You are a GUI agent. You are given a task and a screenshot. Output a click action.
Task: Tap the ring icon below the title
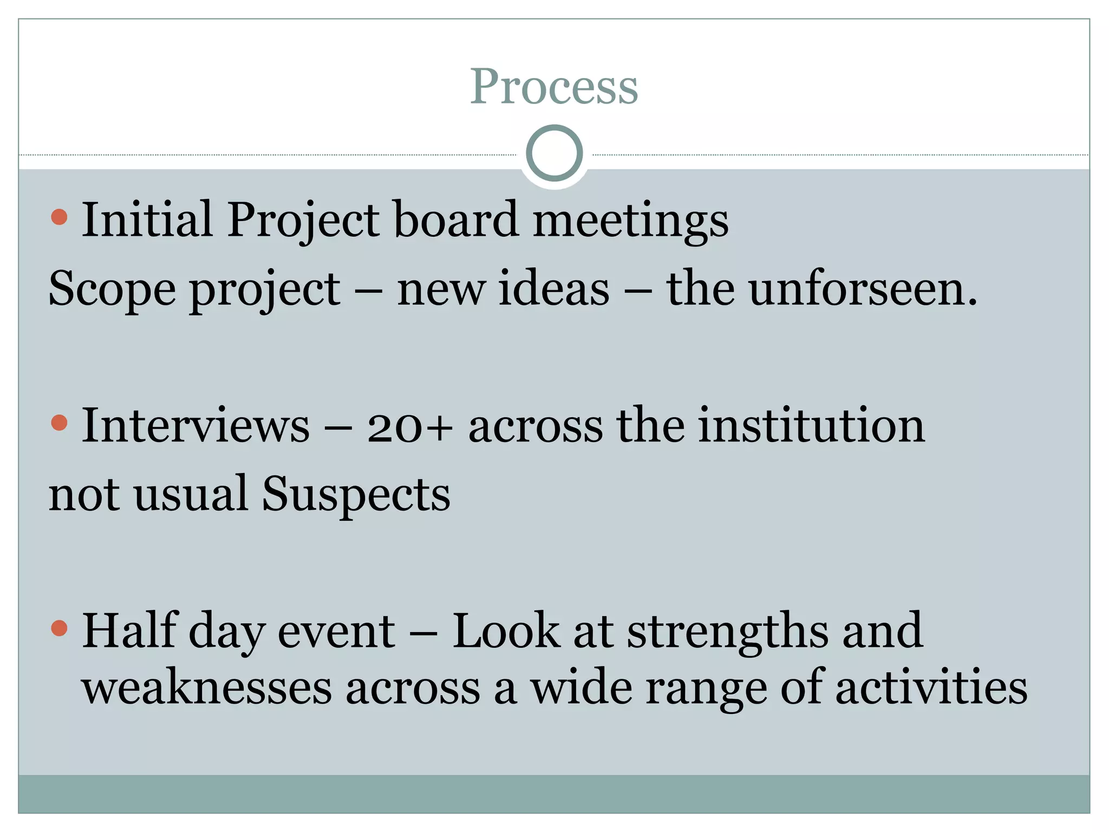(x=554, y=153)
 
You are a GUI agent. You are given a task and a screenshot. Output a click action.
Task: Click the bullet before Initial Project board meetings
(x=59, y=218)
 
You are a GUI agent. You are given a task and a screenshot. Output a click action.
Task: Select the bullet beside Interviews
(x=59, y=422)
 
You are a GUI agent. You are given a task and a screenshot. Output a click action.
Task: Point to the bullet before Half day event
(x=59, y=628)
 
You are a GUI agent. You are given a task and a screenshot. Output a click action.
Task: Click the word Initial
(x=147, y=219)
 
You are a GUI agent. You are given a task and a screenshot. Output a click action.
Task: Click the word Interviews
(x=195, y=426)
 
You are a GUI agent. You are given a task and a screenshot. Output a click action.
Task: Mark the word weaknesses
(x=206, y=688)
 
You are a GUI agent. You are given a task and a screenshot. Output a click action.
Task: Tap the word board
(x=455, y=219)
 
